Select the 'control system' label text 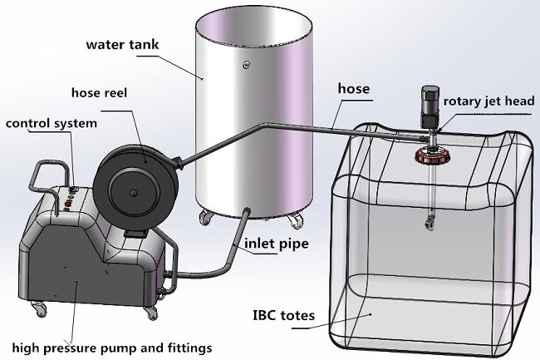tap(51, 123)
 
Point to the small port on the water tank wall tap(244, 65)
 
